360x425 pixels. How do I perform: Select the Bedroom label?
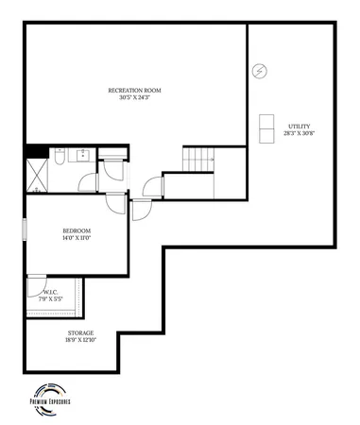[77, 230]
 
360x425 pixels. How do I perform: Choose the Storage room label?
[79, 332]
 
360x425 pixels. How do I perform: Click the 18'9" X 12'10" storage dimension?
[79, 340]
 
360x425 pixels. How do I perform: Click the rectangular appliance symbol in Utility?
[266, 128]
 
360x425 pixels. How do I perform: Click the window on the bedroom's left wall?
[26, 231]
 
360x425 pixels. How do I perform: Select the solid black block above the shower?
[36, 150]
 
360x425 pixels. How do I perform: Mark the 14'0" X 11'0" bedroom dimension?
[77, 238]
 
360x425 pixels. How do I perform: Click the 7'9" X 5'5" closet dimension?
[51, 299]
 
